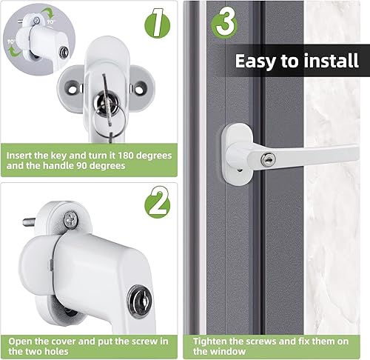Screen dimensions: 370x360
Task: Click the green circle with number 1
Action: click(x=157, y=24)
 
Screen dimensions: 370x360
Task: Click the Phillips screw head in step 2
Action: click(x=71, y=219)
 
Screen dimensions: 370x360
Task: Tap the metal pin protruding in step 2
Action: click(x=29, y=222)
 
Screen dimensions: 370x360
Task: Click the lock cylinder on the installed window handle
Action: click(x=269, y=159)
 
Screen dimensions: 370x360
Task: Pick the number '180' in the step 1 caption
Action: click(x=126, y=156)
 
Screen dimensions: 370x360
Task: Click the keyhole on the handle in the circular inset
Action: click(x=64, y=52)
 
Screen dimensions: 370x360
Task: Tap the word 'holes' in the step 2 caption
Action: click(x=56, y=351)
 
